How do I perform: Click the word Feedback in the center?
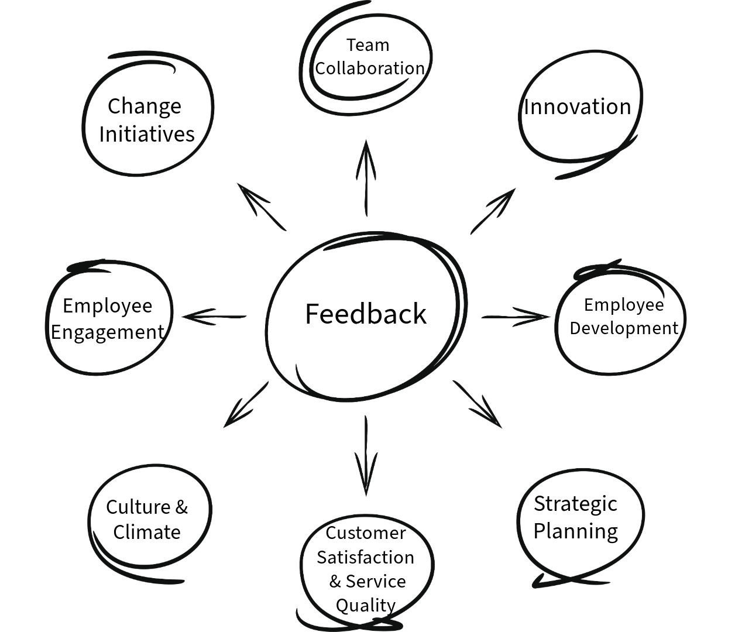click(x=366, y=314)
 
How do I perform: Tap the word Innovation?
click(x=578, y=107)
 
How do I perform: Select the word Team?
click(x=367, y=45)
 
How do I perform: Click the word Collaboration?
click(x=370, y=68)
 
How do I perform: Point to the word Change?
click(x=145, y=107)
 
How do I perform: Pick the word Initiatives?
click(x=147, y=134)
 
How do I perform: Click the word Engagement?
click(x=108, y=332)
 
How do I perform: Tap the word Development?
click(x=624, y=328)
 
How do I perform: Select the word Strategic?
click(x=575, y=504)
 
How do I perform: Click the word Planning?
click(x=576, y=531)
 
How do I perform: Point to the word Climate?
click(x=147, y=532)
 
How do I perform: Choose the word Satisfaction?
click(x=366, y=557)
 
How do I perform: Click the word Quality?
click(x=366, y=605)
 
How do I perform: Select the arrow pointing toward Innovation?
click(x=493, y=211)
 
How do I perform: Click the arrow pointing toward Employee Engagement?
click(x=214, y=317)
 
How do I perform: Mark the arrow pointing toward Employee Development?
click(x=515, y=317)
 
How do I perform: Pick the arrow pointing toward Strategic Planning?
click(x=478, y=404)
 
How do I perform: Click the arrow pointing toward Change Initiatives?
click(x=261, y=206)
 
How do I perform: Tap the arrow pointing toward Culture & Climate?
click(x=246, y=405)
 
